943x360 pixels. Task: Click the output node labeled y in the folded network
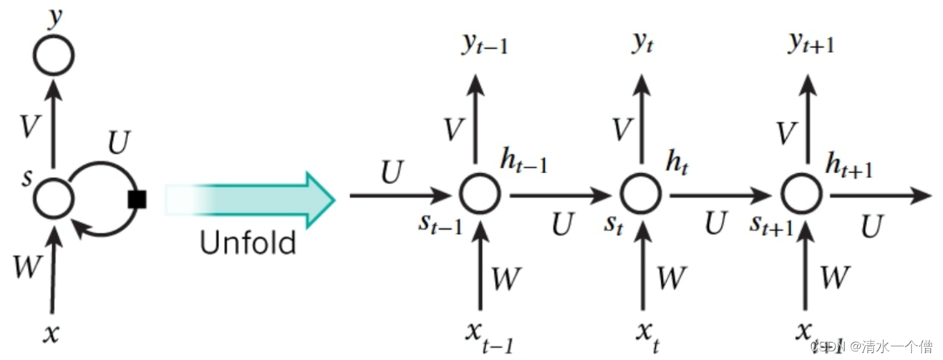click(x=54, y=55)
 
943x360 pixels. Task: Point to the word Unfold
click(x=248, y=243)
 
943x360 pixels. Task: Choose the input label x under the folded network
click(x=50, y=333)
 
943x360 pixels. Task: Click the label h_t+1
click(x=848, y=166)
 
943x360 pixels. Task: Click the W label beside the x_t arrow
click(x=671, y=278)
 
